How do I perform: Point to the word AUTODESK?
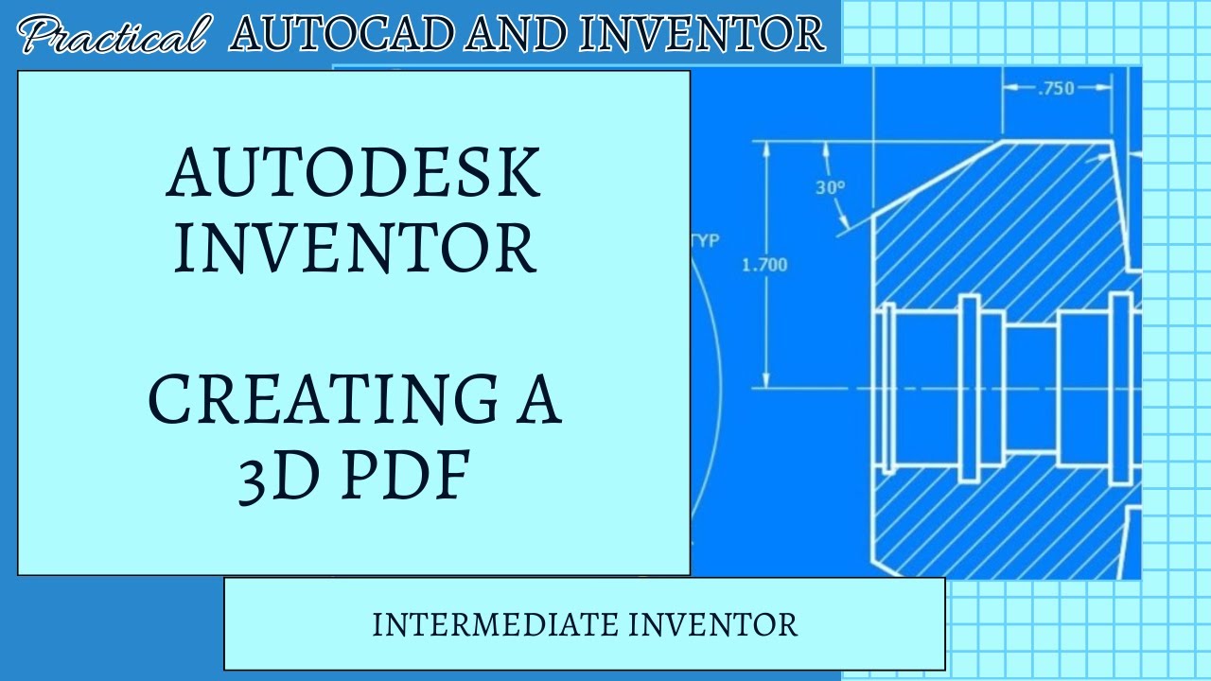[354, 172]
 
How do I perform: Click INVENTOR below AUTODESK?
[354, 248]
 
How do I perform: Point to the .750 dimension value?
[1056, 89]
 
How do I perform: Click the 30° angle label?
[830, 187]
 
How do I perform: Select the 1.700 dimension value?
[763, 265]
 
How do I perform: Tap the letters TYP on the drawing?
[705, 240]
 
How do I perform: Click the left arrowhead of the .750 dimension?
[1009, 89]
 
